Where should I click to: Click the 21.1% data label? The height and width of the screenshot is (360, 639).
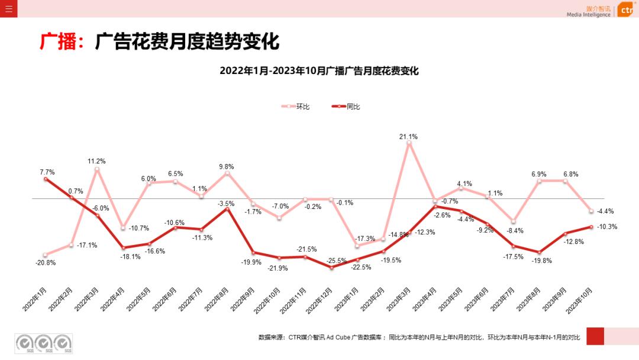point(408,137)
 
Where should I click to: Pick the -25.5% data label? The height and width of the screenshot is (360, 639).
point(337,260)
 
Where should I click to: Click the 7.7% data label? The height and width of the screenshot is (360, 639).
point(47,172)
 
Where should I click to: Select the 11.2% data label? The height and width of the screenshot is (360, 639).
point(96,161)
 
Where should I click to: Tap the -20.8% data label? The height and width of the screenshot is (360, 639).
point(45,262)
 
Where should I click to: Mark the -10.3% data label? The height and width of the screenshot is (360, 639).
point(607,227)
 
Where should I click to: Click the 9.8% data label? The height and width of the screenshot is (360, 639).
point(226,167)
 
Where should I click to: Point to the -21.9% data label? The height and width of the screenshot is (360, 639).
point(277,268)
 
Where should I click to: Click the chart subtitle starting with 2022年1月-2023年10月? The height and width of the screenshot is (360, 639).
point(319,71)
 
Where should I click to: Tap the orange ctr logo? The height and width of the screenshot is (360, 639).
point(627,10)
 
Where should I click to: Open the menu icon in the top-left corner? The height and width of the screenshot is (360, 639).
point(8,8)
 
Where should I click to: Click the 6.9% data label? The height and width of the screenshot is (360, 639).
point(538,175)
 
